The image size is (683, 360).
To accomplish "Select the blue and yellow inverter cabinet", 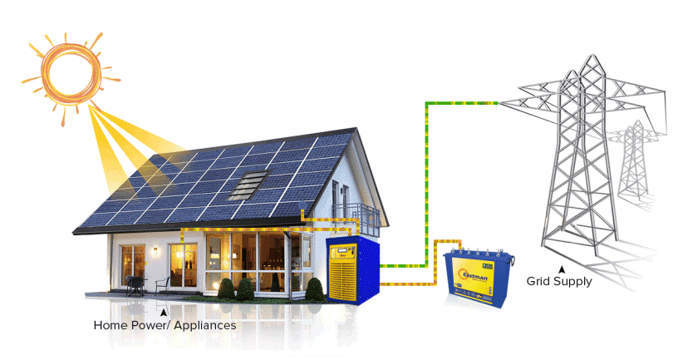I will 351,268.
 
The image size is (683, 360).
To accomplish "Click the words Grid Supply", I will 559,283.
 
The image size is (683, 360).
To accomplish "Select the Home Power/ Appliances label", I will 164,325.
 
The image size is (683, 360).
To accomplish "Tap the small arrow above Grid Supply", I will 562,270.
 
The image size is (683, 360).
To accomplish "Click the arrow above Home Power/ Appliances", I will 173,312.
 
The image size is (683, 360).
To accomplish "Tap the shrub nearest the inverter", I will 314,289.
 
